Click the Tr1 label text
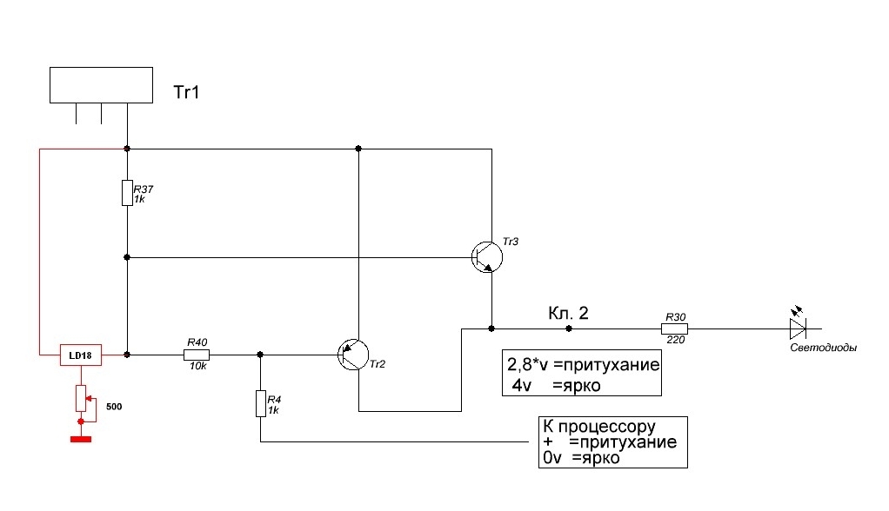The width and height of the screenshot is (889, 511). [x=188, y=90]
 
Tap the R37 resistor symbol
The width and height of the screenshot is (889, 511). [x=127, y=192]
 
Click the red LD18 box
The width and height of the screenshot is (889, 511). [x=81, y=355]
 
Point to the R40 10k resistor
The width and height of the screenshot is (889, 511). [x=196, y=355]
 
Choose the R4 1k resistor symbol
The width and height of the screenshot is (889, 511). [x=260, y=404]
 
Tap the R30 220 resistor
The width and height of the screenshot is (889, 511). [x=674, y=328]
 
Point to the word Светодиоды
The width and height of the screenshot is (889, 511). [x=823, y=348]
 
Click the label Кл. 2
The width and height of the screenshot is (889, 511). [x=568, y=313]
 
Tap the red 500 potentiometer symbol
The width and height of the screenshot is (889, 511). [x=81, y=398]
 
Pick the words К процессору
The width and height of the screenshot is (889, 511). [x=598, y=428]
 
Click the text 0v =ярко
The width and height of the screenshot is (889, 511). [x=581, y=458]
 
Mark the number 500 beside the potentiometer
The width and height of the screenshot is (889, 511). [x=113, y=406]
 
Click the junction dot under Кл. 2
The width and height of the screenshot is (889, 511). [x=568, y=328]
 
